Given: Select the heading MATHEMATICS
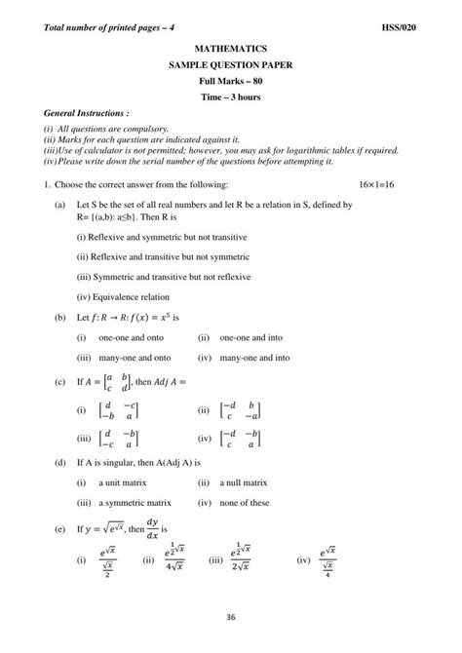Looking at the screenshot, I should tap(231, 47).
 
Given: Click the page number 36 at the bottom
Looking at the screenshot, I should tap(231, 615).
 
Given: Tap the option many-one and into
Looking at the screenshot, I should tap(254, 358).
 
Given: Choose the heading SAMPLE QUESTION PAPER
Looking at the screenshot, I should tap(231, 63).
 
